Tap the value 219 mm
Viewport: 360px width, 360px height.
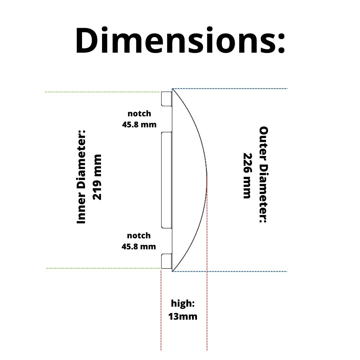coord(97,177)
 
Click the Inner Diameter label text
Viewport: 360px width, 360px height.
coord(82,177)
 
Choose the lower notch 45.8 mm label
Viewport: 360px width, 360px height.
coord(139,241)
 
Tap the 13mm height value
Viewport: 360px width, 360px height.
coord(183,316)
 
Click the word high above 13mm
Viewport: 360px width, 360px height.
coord(183,304)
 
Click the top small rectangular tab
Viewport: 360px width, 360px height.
coord(166,98)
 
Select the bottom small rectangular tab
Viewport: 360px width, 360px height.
coord(166,261)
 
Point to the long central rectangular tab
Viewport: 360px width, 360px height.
coord(166,180)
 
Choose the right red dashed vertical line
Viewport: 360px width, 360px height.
coord(207,267)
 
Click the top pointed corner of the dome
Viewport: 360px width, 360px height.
coord(172,89)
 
